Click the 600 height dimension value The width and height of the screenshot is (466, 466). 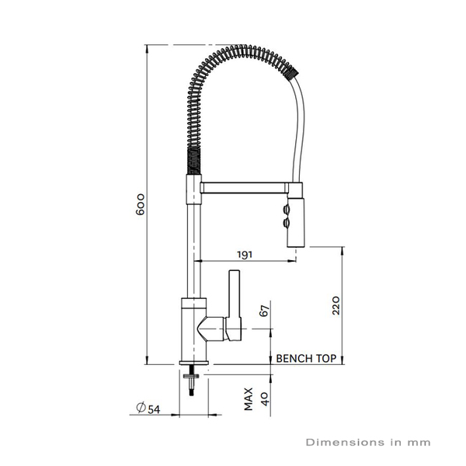(141, 203)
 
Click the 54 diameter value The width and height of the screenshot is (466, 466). (154, 409)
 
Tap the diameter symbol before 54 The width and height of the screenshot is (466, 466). (140, 409)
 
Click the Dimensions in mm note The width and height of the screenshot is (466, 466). (367, 443)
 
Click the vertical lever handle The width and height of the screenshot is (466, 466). (235, 295)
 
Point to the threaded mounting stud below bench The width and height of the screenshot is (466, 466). (191, 381)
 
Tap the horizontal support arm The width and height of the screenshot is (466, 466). (242, 187)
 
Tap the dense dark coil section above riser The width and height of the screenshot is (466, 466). (191, 164)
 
